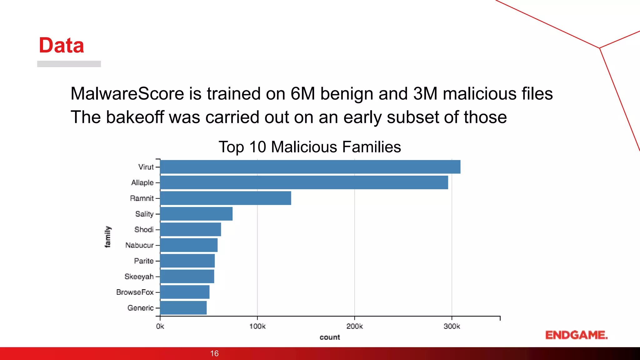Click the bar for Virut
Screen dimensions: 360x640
[310, 167]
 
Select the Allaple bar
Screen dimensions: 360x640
[304, 182]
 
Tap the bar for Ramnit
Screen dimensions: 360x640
[225, 198]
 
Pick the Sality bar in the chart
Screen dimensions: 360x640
[196, 214]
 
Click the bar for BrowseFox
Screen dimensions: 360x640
[185, 292]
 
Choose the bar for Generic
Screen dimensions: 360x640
[183, 308]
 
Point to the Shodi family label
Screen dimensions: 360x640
[144, 230]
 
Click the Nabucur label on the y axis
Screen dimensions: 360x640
[139, 245]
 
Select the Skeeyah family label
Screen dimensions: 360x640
[139, 277]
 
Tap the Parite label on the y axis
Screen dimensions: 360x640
[144, 261]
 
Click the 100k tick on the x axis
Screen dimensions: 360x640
[257, 326]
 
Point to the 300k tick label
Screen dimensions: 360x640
[452, 326]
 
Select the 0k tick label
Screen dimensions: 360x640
[160, 326]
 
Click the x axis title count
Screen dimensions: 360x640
[330, 337]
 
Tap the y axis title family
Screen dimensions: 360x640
[107, 237]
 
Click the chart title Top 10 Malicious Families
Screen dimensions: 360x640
[309, 147]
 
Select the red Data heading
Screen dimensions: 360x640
[61, 45]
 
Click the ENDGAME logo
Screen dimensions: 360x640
[576, 335]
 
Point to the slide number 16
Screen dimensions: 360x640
[214, 353]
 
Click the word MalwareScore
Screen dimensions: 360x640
[127, 93]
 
